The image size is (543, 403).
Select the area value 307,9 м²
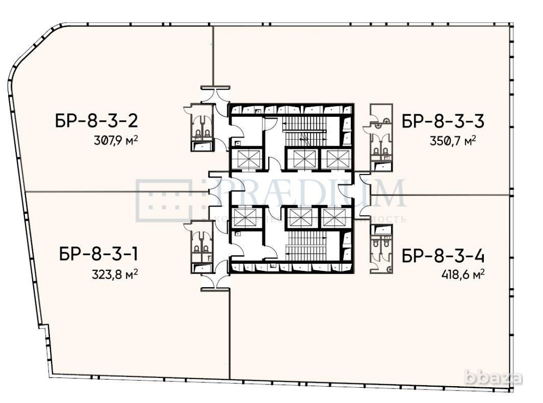pos(115,140)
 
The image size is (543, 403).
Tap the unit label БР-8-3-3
pos(443,121)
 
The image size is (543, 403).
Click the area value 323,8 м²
pos(115,274)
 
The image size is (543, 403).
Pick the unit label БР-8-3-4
pos(443,255)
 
